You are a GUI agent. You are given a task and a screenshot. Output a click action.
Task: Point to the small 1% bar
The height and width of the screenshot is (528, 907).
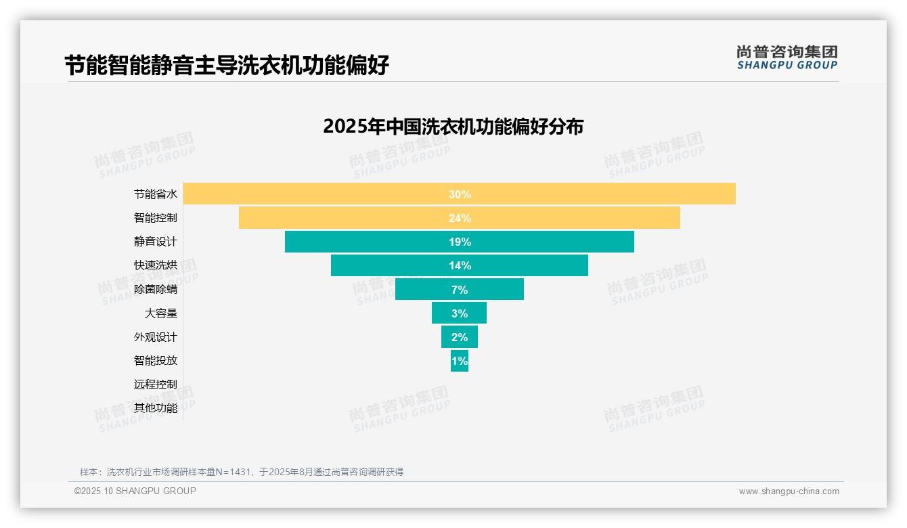[x=460, y=361]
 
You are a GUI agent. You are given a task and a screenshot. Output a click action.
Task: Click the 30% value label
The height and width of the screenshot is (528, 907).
[x=460, y=194]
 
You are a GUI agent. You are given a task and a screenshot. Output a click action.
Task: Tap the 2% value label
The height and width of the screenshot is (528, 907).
[x=460, y=337]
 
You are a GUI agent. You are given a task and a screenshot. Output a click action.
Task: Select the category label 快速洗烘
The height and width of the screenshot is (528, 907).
[x=156, y=265]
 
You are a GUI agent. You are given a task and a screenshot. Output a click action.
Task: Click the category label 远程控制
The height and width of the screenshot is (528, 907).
[x=156, y=384]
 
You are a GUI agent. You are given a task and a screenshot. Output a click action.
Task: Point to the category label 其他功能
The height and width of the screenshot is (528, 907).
[x=156, y=408]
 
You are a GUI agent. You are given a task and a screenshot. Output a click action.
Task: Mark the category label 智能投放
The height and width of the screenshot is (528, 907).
[x=156, y=360]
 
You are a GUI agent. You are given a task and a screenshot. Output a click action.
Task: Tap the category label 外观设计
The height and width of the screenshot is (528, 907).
[x=156, y=336]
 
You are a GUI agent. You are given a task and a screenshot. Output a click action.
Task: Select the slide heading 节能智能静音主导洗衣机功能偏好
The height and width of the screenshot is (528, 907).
[x=227, y=66]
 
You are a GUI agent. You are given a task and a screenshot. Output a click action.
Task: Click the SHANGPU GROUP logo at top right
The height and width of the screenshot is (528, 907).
[x=787, y=58]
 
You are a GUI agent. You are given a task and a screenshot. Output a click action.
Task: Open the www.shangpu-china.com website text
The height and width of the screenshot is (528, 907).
[x=789, y=491]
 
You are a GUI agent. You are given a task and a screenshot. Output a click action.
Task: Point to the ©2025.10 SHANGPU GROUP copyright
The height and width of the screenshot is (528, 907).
[x=135, y=491]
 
